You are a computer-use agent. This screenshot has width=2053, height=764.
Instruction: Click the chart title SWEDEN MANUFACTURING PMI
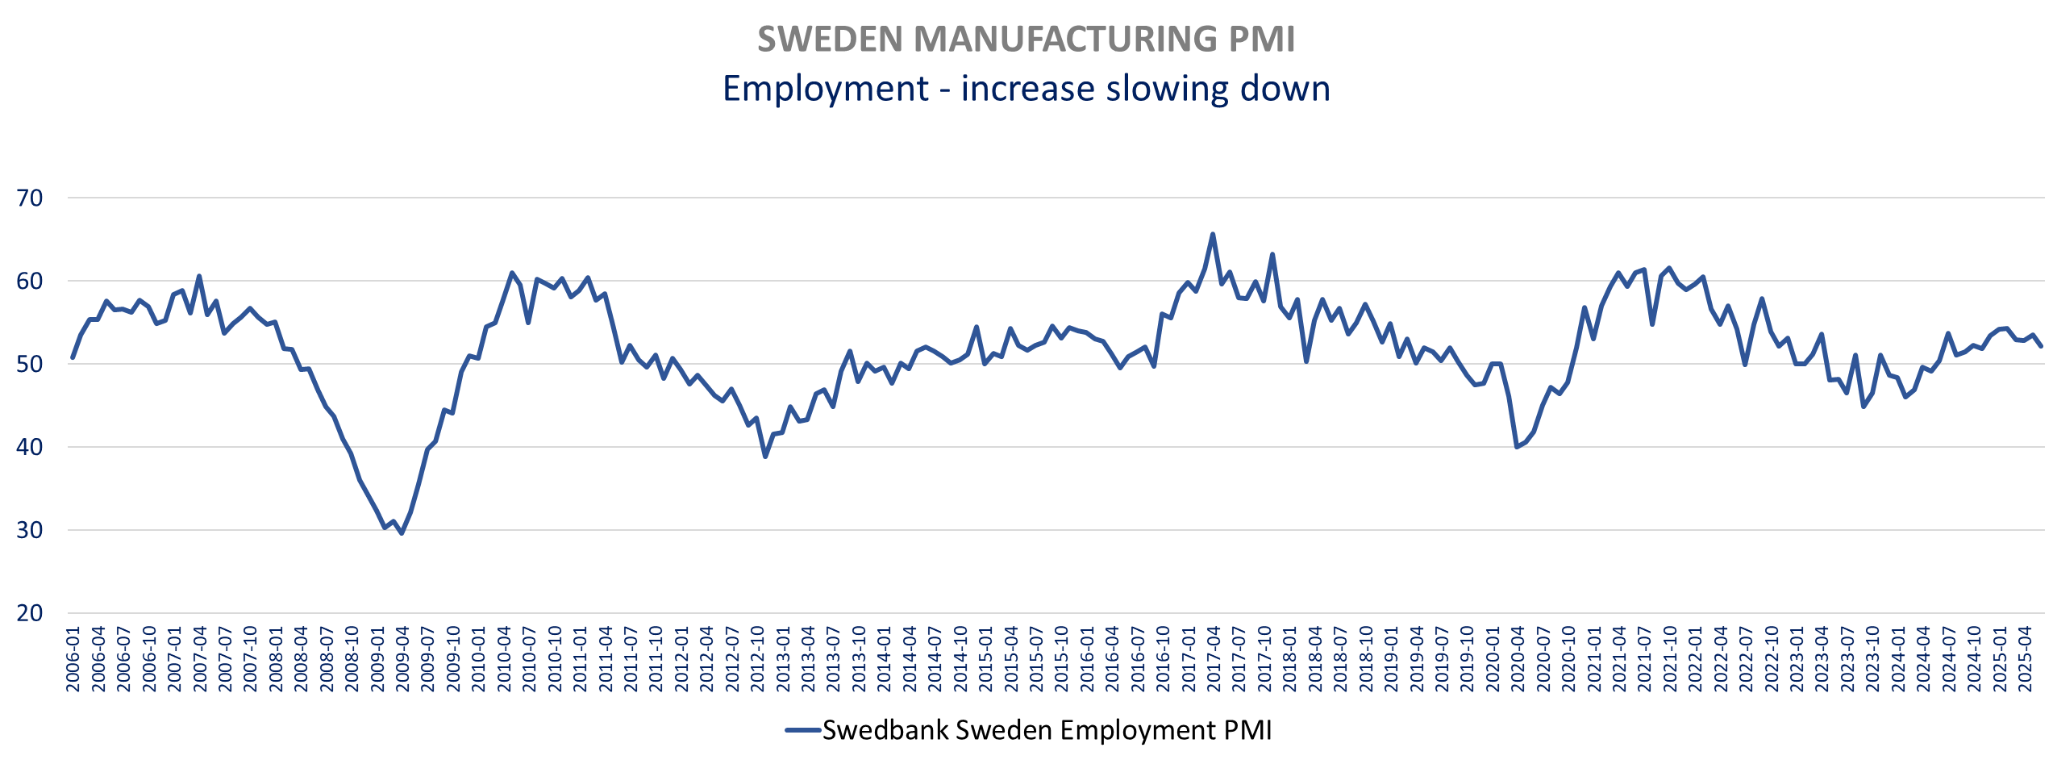pos(1026,40)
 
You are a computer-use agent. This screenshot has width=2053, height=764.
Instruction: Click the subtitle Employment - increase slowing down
pos(1026,88)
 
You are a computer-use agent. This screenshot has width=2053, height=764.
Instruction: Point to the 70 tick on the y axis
pos(30,198)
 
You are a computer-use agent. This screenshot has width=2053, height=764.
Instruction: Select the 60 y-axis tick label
pos(30,281)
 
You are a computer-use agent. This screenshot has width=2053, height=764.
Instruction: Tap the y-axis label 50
pos(30,364)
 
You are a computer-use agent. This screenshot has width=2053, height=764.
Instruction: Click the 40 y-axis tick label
pos(30,447)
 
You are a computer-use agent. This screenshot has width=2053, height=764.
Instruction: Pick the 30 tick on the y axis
pos(30,530)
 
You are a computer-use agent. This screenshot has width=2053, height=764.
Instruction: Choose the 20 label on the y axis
pos(30,613)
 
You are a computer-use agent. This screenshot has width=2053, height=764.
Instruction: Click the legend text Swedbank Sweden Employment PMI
pos(1047,730)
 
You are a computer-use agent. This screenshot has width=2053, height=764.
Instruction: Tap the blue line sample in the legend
pos(803,731)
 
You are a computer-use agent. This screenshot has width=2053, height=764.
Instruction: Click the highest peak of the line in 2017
pos(1212,235)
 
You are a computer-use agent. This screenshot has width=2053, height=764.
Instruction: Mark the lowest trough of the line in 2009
pos(402,533)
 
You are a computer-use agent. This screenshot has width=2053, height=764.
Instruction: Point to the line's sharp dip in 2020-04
pos(1517,447)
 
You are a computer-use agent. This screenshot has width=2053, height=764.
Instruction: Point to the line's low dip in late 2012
pos(765,457)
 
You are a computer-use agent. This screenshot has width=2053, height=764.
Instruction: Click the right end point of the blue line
pos(2041,346)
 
